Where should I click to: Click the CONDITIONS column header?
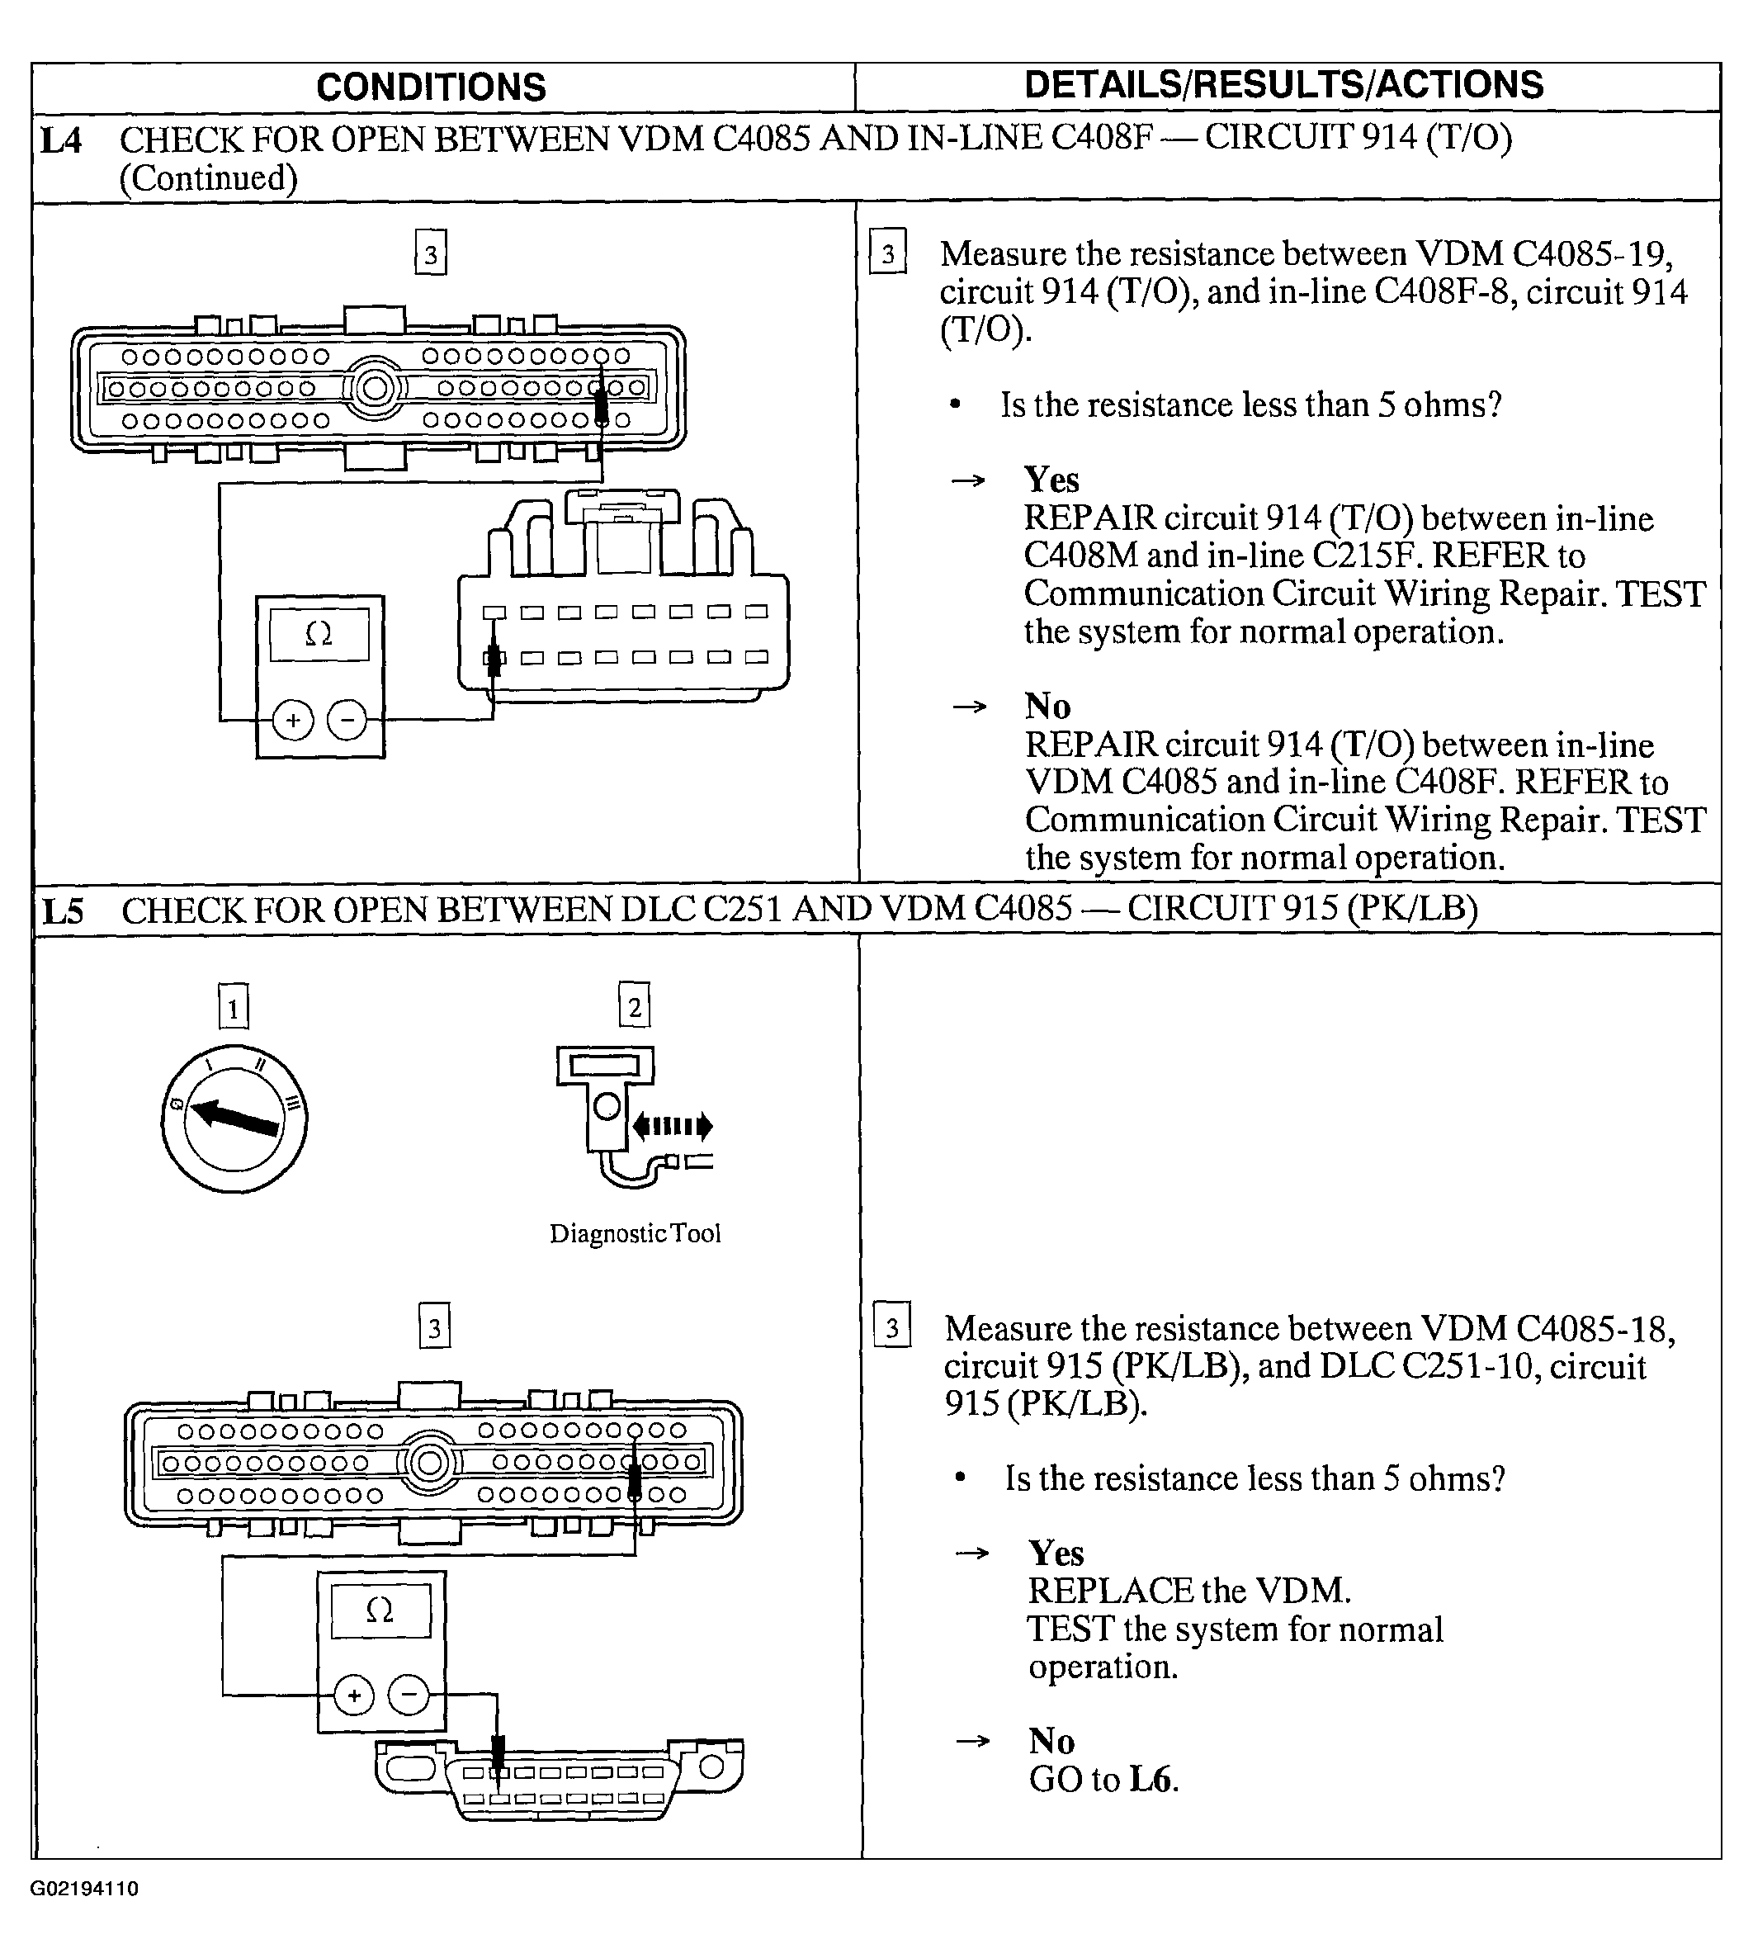pos(431,87)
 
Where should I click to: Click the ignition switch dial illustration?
pos(234,1119)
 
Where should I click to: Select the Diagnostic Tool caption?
pos(635,1234)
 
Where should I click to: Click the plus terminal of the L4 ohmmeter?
pos(293,721)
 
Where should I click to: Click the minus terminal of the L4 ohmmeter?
pos(347,720)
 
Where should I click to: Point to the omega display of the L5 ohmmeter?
pos(380,1610)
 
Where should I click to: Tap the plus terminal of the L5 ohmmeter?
pos(353,1695)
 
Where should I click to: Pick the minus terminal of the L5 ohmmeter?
pos(409,1695)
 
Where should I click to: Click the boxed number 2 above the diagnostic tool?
pos(634,1007)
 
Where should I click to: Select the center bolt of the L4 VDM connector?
pos(375,388)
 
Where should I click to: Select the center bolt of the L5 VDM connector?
pos(429,1464)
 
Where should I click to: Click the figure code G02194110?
pos(85,1889)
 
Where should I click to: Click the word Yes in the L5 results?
pos(1056,1554)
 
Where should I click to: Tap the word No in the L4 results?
pos(1047,707)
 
